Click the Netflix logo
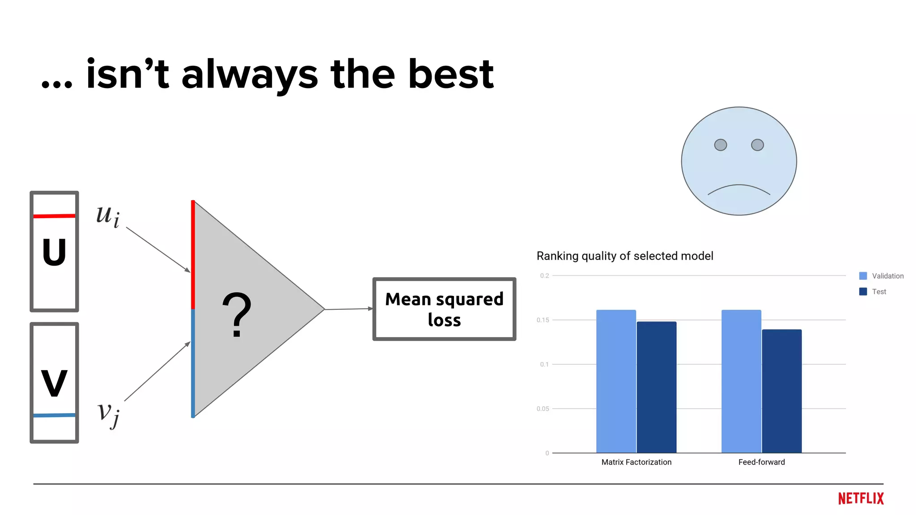coord(861,498)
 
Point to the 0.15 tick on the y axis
coord(543,320)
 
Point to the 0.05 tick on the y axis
coord(543,409)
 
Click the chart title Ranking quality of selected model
coord(624,256)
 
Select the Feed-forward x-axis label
coord(761,462)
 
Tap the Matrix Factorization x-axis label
coord(636,462)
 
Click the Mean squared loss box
coord(444,309)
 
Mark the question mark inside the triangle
coord(237,315)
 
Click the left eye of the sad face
coord(720,145)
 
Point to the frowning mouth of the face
coord(738,188)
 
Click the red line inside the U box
coord(54,216)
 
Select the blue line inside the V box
coord(54,415)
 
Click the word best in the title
coord(450,74)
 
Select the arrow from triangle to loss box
coord(349,309)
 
